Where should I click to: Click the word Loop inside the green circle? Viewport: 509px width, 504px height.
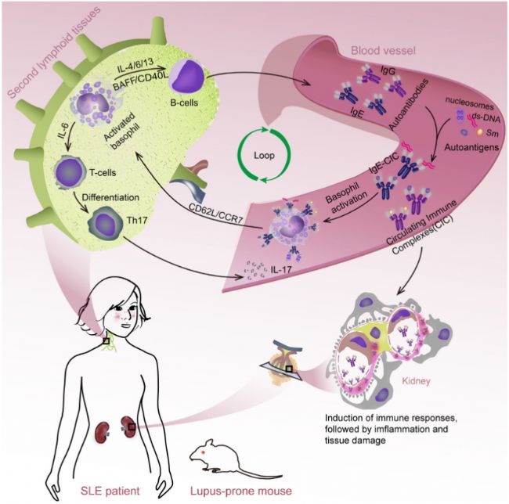coord(264,156)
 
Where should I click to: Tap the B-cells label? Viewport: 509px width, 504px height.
coord(184,103)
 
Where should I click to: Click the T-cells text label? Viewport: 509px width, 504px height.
coord(103,172)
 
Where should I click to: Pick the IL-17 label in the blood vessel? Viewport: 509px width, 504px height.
coord(281,269)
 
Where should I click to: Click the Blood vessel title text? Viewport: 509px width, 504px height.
coord(383,51)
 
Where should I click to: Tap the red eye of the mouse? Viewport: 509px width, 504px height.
coord(204,452)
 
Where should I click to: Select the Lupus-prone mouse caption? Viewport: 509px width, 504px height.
coord(241,491)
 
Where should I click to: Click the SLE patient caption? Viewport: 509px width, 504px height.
coord(110,491)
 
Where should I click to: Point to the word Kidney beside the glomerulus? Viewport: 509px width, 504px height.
coord(416,380)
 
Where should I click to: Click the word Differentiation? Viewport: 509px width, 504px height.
coord(110,197)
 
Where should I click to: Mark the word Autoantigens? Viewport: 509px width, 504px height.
coord(471,147)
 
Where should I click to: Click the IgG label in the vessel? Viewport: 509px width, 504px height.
coord(388,70)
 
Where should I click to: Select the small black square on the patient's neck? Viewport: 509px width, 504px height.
coord(106,341)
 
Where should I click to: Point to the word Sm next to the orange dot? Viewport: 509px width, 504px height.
coord(492,133)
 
